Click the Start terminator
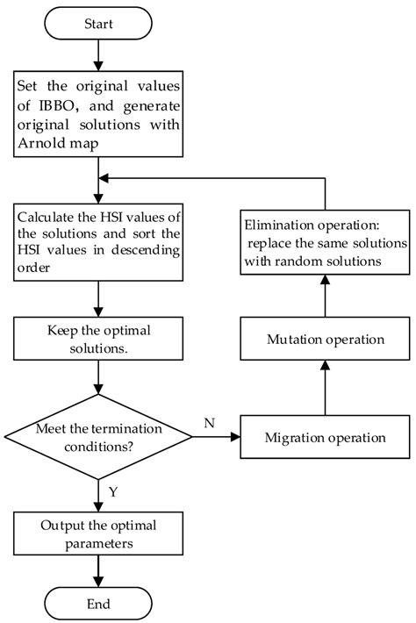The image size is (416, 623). click(98, 25)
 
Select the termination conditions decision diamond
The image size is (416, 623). click(98, 436)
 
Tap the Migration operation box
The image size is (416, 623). click(326, 436)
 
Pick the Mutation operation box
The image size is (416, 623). click(326, 338)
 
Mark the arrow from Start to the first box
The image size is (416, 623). click(98, 57)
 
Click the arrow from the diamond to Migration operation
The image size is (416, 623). click(215, 436)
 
